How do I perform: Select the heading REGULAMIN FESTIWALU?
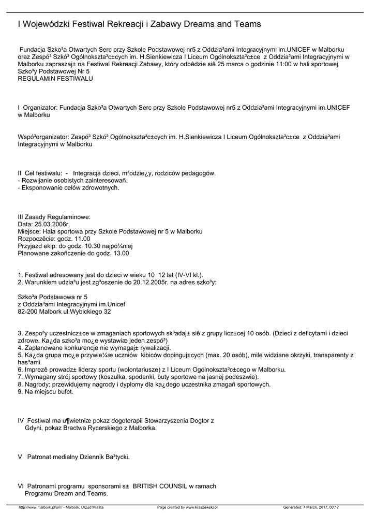pos(55,79)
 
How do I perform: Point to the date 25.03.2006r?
pos(52,224)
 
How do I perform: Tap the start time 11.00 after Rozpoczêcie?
pos(82,239)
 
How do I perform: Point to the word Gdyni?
pos(34,428)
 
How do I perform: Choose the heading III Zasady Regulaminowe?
pos(54,216)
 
